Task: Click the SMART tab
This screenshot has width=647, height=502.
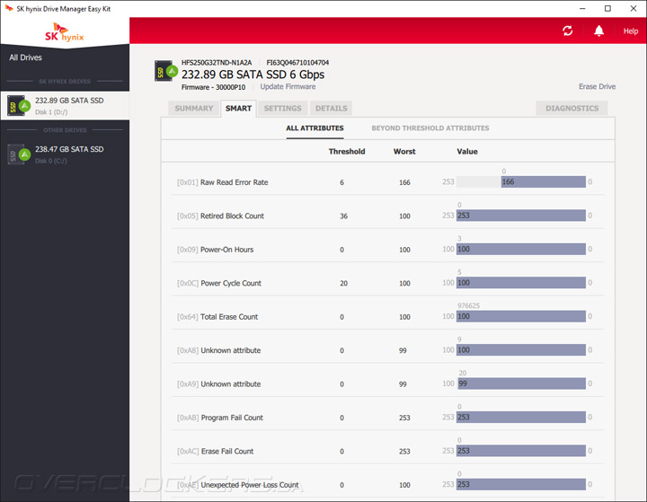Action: click(238, 109)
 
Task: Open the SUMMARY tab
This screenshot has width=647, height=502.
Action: click(194, 109)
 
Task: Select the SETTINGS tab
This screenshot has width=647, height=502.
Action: click(282, 109)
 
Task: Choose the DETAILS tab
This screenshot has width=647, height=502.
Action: click(331, 109)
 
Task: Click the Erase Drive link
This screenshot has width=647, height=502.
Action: click(597, 87)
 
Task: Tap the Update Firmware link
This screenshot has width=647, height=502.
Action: click(288, 87)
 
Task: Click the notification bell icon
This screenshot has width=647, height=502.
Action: click(598, 31)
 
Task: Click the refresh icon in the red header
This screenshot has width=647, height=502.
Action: click(568, 31)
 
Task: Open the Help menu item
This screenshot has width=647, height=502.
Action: click(631, 31)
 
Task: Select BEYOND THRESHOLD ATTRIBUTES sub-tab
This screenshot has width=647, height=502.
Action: click(430, 128)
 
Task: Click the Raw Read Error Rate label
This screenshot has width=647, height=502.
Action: click(234, 182)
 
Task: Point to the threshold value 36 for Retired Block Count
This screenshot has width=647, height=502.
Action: click(343, 216)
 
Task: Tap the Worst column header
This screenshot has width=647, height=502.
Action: click(404, 152)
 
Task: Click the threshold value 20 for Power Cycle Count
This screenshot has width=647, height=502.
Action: click(343, 283)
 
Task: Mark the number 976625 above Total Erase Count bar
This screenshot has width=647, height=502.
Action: click(468, 305)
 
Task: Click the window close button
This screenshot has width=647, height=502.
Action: click(633, 8)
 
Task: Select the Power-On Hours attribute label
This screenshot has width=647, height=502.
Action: click(226, 250)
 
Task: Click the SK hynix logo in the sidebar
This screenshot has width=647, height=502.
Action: click(64, 32)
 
